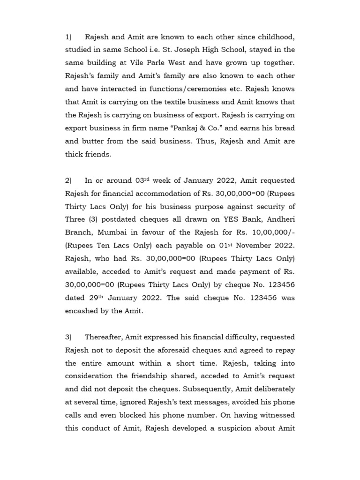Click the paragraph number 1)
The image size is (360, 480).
[x=68, y=37]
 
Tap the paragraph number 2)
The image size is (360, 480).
[x=68, y=180]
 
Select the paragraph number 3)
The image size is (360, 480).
[x=68, y=337]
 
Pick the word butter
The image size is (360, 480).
[x=92, y=142]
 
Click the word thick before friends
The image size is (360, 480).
[x=75, y=155]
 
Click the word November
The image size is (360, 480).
[x=245, y=246]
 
